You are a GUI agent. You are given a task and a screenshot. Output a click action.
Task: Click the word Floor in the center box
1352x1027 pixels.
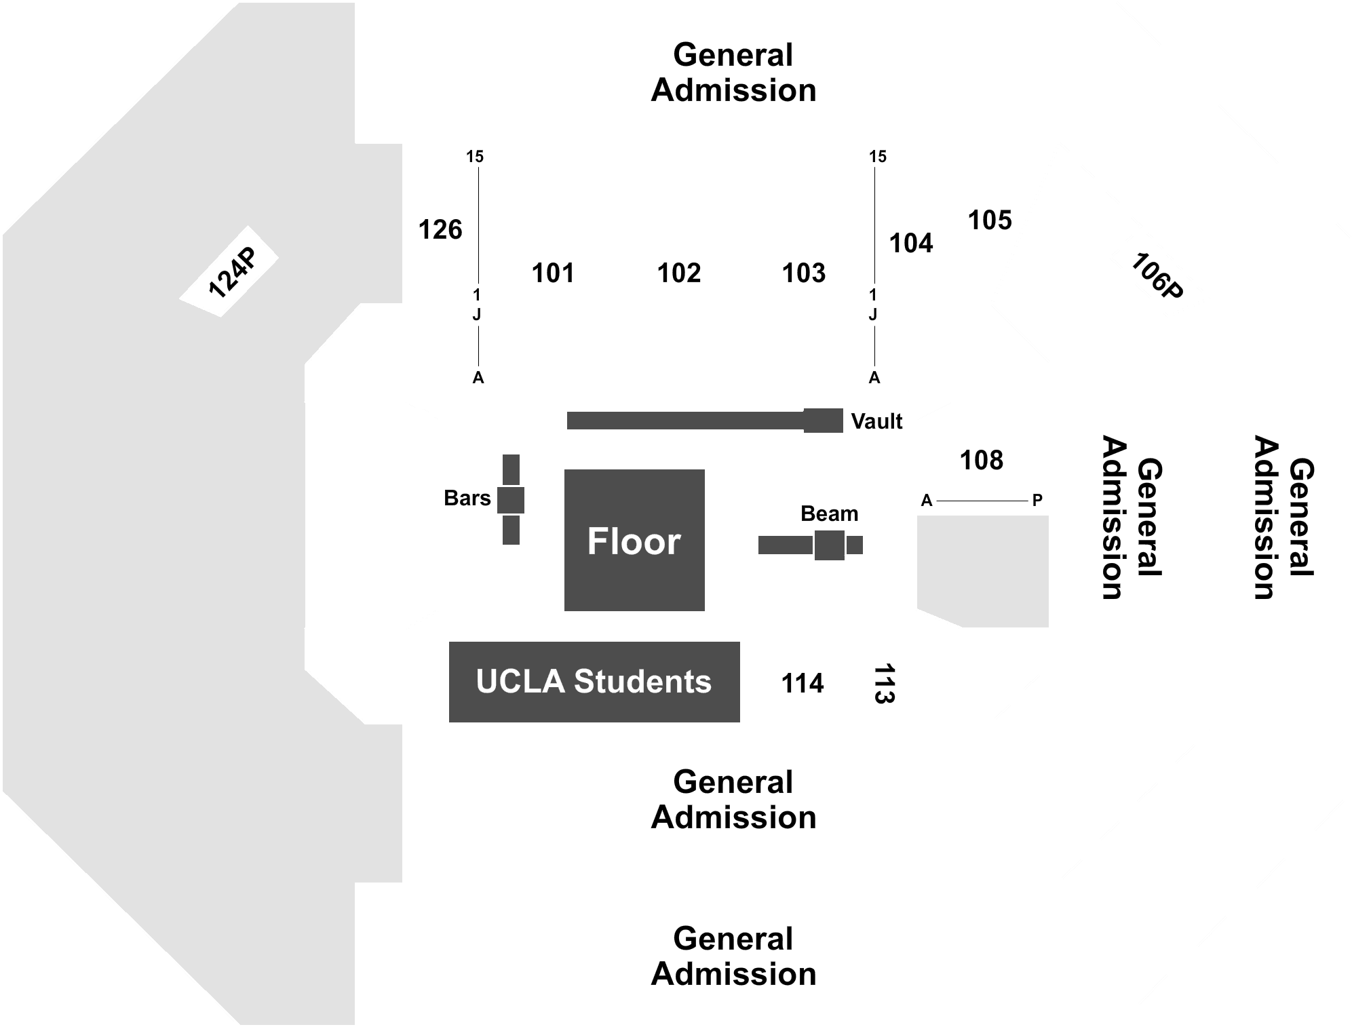tap(634, 541)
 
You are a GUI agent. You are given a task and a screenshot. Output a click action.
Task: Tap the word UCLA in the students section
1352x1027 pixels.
tap(520, 681)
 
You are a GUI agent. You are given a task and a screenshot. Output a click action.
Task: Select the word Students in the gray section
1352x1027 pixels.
tap(642, 681)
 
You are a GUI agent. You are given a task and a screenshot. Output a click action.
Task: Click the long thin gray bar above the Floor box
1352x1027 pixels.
tap(684, 420)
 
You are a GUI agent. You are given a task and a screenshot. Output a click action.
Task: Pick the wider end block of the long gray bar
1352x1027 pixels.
tap(824, 420)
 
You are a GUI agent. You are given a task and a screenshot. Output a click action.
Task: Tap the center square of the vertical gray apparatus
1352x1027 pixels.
tap(511, 500)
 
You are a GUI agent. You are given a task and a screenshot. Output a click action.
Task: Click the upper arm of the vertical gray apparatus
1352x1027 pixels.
tap(511, 469)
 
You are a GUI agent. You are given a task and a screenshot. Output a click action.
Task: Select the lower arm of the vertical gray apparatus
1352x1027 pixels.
tap(511, 530)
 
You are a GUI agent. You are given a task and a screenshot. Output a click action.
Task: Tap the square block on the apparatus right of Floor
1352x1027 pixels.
tap(829, 545)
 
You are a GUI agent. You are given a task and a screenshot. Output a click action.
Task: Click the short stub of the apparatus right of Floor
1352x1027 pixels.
tap(855, 545)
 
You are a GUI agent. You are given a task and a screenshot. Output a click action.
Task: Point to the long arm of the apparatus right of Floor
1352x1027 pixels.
tap(784, 545)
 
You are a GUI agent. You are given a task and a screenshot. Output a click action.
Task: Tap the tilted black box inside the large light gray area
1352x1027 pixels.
tap(229, 271)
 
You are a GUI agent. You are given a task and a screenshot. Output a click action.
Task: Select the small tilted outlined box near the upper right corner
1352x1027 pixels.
tap(1159, 271)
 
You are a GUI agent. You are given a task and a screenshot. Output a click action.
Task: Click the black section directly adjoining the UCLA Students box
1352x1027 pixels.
tap(802, 681)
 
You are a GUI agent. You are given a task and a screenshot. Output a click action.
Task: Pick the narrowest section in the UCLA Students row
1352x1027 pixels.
tap(885, 681)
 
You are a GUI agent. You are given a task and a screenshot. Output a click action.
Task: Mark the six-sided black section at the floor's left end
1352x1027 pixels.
tap(372, 515)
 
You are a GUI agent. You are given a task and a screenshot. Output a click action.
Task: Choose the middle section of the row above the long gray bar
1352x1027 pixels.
tap(678, 267)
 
